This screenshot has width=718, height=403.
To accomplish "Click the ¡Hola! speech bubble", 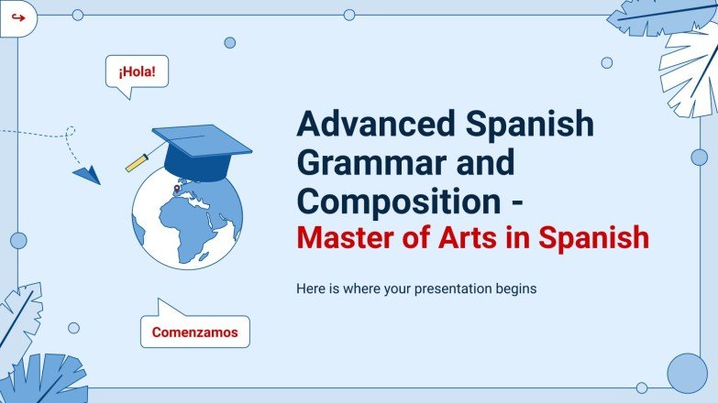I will point(138,71).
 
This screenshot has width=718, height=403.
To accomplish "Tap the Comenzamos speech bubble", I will point(194,332).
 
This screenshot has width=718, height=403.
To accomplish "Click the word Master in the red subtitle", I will point(349,239).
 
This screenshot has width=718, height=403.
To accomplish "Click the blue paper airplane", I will point(87,173).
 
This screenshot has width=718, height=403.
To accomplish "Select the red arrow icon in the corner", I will point(17,17).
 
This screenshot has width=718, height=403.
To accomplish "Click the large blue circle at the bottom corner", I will point(687,373).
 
